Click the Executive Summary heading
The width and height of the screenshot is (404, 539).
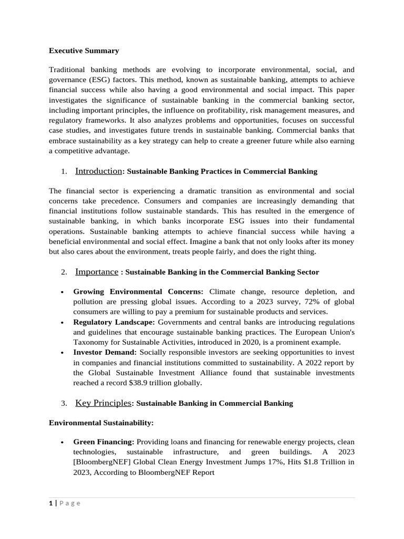pyautogui.click(x=84, y=51)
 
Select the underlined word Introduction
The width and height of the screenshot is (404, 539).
pyautogui.click(x=98, y=171)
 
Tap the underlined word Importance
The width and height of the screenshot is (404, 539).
pyautogui.click(x=96, y=272)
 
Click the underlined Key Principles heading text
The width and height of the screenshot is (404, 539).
pyautogui.click(x=103, y=403)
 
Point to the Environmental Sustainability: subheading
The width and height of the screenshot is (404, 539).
pyautogui.click(x=101, y=423)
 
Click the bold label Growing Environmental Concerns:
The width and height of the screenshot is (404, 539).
pyautogui.click(x=138, y=292)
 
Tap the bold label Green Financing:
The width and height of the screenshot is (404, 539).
pyautogui.click(x=104, y=442)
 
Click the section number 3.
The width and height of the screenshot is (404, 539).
pyautogui.click(x=63, y=404)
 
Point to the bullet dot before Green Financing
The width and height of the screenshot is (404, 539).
pyautogui.click(x=63, y=443)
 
